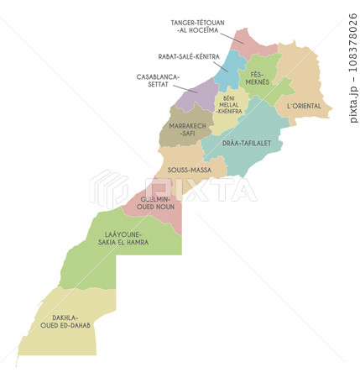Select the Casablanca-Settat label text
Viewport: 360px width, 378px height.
[158, 79]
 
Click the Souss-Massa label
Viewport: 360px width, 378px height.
[189, 170]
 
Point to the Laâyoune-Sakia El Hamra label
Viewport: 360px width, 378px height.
[123, 238]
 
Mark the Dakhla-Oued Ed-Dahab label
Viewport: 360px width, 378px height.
[65, 322]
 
